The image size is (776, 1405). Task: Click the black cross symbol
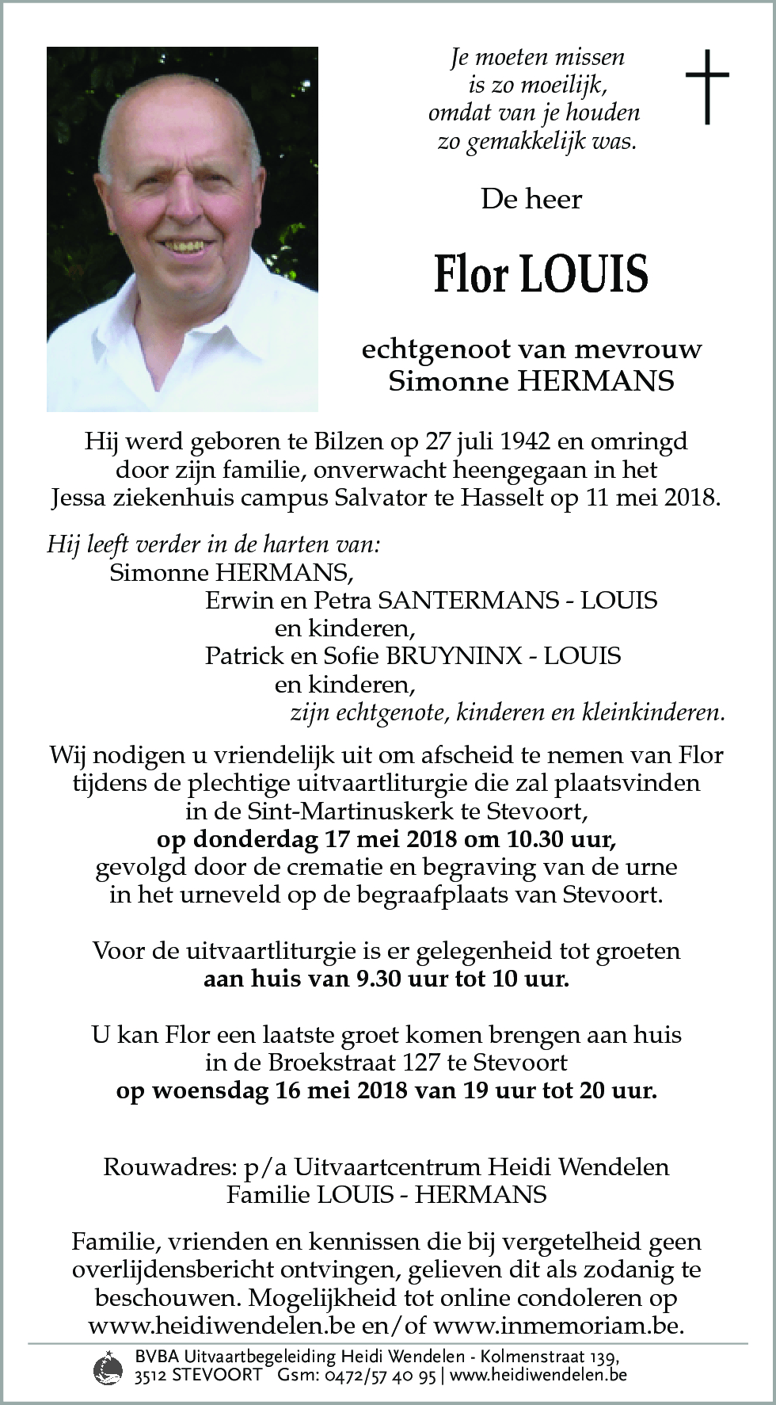click(706, 87)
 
